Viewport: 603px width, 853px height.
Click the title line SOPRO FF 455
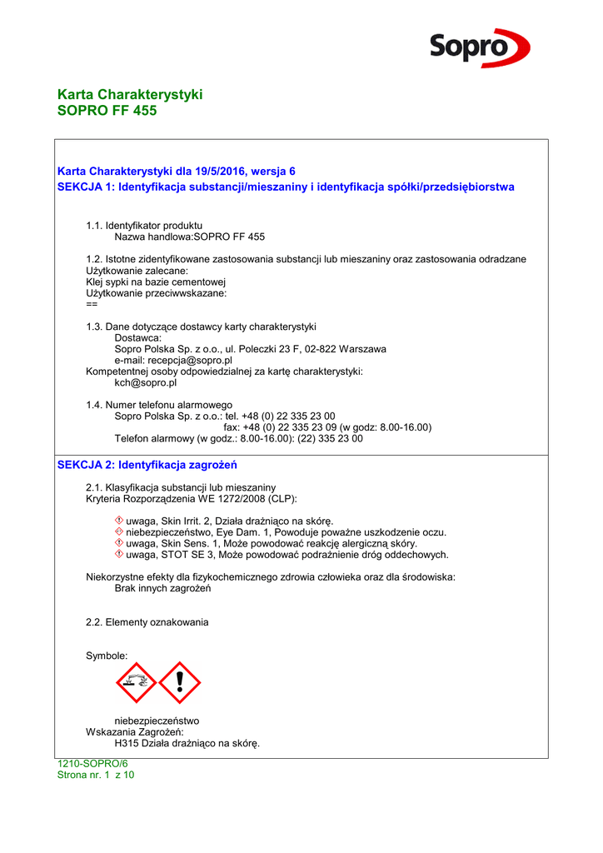coord(107,111)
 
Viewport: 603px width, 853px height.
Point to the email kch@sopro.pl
coord(145,383)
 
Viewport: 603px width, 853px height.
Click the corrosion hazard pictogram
coord(136,683)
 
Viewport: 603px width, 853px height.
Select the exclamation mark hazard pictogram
coord(180,683)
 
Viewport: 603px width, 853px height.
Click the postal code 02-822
coord(317,349)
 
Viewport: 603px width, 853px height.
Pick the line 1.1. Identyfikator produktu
coord(144,226)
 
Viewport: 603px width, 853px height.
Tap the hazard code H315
coord(127,743)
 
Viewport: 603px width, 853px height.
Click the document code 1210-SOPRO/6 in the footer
coord(92,764)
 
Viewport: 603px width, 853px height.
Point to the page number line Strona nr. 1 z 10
coord(96,775)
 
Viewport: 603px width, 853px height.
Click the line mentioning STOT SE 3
coord(287,554)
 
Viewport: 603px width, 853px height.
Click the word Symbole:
coord(107,656)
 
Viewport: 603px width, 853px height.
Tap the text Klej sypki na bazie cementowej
coord(150,282)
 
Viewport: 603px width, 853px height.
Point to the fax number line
coord(326,427)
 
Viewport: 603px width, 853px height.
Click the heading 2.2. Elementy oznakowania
coord(147,622)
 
